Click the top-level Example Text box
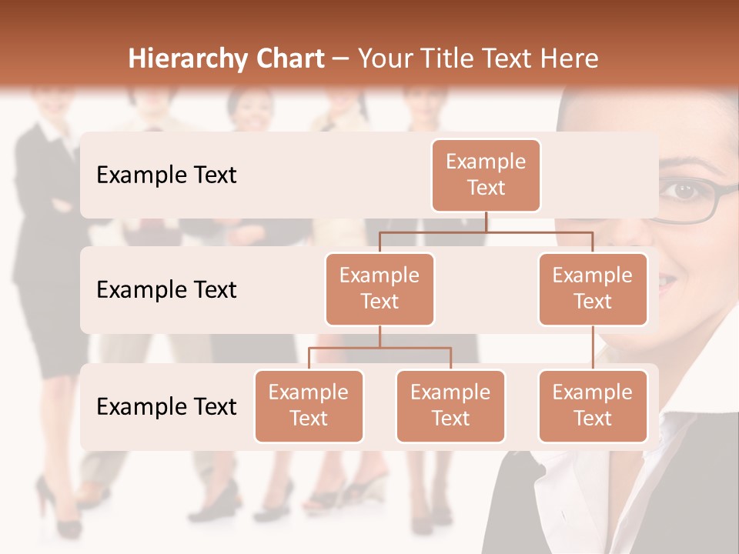(486, 175)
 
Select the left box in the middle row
(380, 289)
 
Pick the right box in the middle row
(593, 289)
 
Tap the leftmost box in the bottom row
(309, 405)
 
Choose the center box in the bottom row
(450, 405)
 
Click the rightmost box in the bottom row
(593, 405)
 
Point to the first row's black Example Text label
(166, 175)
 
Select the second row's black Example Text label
(166, 290)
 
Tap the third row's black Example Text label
(166, 406)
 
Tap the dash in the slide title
(341, 59)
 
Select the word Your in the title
(383, 59)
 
